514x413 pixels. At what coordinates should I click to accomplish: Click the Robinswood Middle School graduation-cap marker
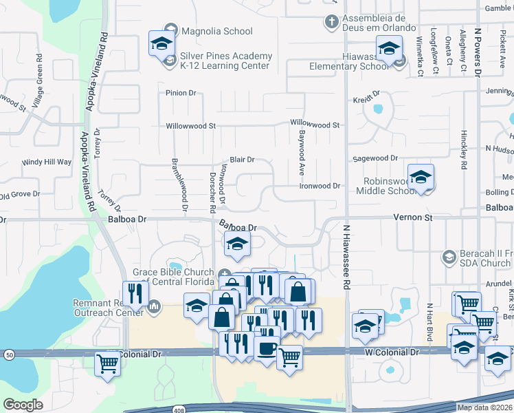[421, 178]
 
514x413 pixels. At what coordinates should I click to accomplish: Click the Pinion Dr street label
[181, 92]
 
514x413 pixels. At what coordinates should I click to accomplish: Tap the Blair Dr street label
[242, 159]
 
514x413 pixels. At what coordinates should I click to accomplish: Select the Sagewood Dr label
[375, 158]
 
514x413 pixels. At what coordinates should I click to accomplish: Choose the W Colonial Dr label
[391, 352]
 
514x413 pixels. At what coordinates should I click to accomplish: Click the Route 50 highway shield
[9, 354]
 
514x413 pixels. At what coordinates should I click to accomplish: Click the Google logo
[23, 405]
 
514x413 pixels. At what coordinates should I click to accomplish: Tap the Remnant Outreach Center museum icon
[155, 305]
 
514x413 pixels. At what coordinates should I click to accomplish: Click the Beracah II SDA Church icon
[449, 257]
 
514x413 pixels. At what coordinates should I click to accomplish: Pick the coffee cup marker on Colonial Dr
[266, 347]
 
